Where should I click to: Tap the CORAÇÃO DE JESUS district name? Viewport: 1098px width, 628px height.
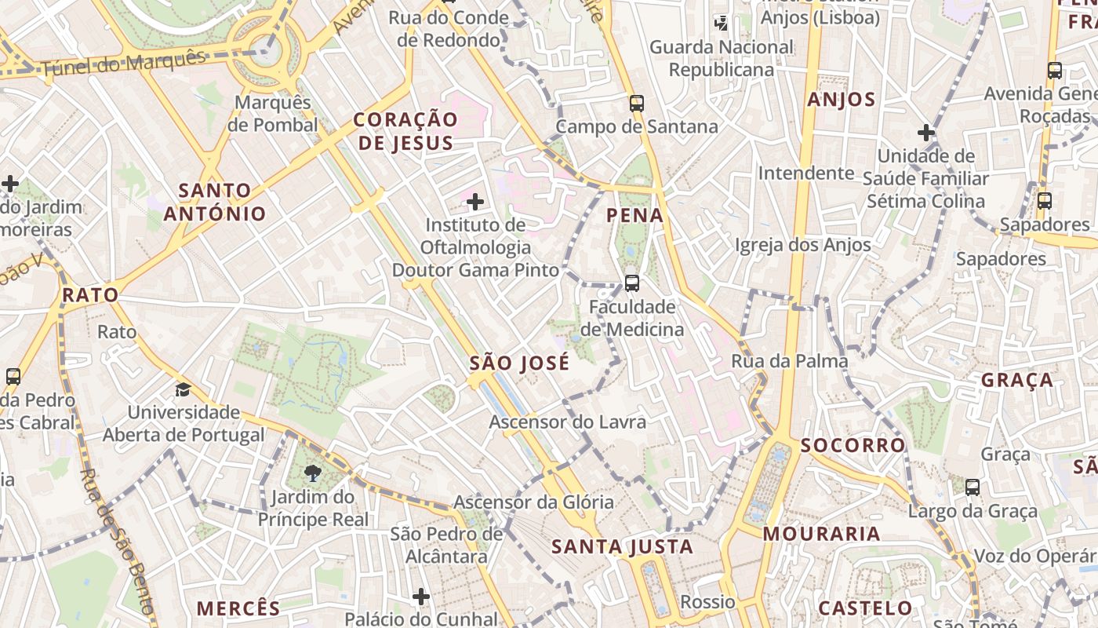point(404,131)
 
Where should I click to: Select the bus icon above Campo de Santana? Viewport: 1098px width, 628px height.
point(636,103)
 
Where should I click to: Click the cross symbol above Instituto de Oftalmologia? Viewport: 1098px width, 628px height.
point(474,202)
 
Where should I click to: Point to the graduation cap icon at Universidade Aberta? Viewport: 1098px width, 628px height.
point(183,389)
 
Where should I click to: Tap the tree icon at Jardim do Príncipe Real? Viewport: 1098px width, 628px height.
point(313,473)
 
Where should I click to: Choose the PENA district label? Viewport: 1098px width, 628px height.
point(634,215)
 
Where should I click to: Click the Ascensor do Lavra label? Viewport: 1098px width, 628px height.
point(567,422)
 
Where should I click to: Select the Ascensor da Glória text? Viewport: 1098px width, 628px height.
point(533,502)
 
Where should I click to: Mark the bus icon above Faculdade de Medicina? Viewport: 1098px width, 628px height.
point(631,283)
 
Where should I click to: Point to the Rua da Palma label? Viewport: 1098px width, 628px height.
point(789,361)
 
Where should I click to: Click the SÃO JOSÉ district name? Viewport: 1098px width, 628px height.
point(519,363)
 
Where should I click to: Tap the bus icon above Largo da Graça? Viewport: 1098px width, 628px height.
point(973,487)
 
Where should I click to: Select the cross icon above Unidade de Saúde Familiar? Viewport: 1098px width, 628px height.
point(926,132)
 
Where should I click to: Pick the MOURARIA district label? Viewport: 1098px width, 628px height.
point(821,535)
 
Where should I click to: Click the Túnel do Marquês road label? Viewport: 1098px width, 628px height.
point(122,62)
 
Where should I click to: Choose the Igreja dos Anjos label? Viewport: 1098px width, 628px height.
point(802,246)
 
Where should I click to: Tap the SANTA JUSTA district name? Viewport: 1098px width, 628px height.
point(622,547)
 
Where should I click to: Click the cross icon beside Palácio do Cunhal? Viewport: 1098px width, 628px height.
point(421,597)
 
